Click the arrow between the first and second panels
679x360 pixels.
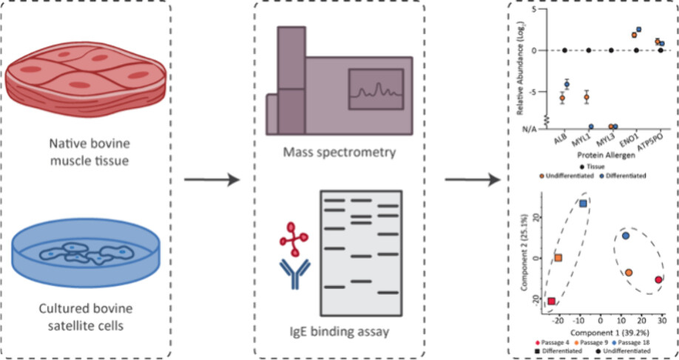(212, 180)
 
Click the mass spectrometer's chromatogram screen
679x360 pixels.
(376, 91)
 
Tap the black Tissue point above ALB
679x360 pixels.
(564, 50)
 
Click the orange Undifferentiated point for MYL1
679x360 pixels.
(587, 98)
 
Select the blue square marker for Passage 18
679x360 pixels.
(584, 203)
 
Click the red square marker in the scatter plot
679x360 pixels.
(551, 302)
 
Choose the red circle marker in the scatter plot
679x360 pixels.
(658, 280)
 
